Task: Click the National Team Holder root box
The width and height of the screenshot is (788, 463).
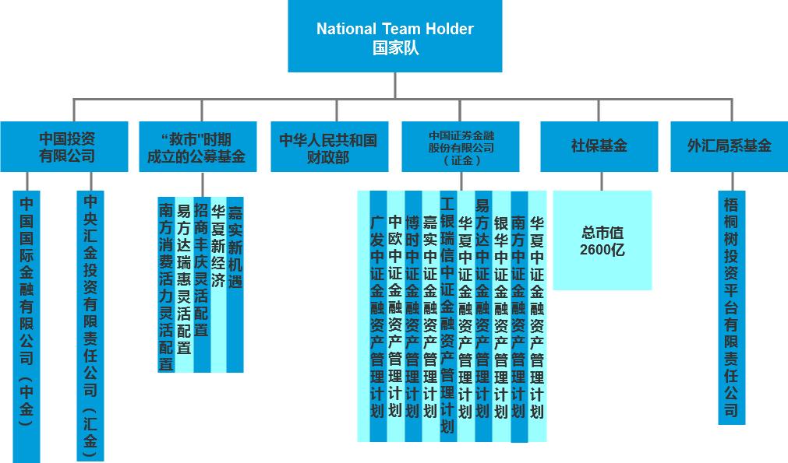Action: tap(394, 37)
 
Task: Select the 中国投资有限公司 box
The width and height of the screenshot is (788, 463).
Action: tap(64, 146)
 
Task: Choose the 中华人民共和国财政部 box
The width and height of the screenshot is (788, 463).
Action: tap(328, 146)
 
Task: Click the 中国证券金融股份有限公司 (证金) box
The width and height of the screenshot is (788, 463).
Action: tap(461, 146)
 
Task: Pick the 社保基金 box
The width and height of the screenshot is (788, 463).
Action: tap(599, 146)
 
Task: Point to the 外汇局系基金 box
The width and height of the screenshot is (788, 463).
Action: tap(730, 146)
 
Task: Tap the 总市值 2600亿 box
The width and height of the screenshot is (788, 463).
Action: tap(602, 240)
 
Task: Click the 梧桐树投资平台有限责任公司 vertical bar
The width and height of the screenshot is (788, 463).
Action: tap(730, 307)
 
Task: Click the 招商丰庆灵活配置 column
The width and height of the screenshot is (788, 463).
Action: tap(201, 268)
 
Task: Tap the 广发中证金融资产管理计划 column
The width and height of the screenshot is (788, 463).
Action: tap(377, 315)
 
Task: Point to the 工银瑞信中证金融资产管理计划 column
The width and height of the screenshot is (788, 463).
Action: tap(447, 311)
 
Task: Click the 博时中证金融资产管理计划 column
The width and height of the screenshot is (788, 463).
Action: tap(412, 315)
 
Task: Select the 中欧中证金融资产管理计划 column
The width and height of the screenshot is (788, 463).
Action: tap(394, 315)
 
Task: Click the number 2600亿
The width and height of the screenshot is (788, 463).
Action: tap(602, 250)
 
